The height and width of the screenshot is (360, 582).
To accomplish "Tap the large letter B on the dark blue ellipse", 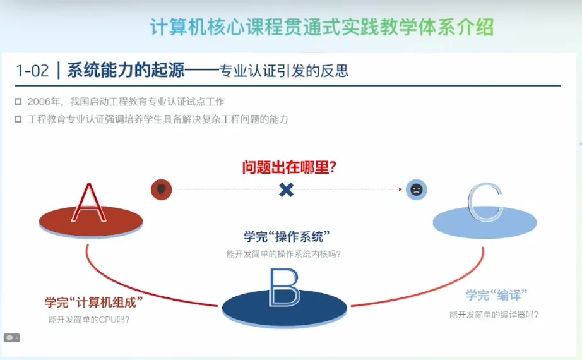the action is pyautogui.click(x=284, y=287).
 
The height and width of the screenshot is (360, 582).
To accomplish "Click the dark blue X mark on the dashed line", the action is pyautogui.click(x=286, y=190).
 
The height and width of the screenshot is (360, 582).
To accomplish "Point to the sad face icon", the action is pyautogui.click(x=416, y=190).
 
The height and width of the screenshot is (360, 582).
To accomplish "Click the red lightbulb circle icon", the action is pyautogui.click(x=161, y=189).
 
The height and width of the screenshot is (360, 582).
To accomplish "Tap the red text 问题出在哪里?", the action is pyautogui.click(x=289, y=167).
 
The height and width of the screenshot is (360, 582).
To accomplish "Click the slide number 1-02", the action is pyautogui.click(x=32, y=71).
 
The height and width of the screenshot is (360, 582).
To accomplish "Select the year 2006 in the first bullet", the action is pyautogui.click(x=39, y=102).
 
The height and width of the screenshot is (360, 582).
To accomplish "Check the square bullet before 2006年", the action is pyautogui.click(x=18, y=102).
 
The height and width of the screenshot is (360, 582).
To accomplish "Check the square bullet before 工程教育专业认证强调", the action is pyautogui.click(x=18, y=119).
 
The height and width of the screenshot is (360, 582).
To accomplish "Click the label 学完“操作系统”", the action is pyautogui.click(x=287, y=236).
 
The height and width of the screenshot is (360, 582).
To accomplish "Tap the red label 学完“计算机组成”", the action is pyautogui.click(x=93, y=302).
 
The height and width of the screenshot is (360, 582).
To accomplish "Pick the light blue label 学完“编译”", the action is pyautogui.click(x=496, y=295).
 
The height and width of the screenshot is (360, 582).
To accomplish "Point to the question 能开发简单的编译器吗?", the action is pyautogui.click(x=494, y=315).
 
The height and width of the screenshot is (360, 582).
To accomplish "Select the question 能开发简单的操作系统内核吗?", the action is pyautogui.click(x=283, y=254).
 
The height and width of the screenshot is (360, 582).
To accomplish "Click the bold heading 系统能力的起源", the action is pyautogui.click(x=126, y=70).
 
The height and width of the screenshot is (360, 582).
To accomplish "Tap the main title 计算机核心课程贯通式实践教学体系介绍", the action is pyautogui.click(x=322, y=27).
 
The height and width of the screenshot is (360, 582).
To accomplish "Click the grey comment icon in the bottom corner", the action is pyautogui.click(x=11, y=338).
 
